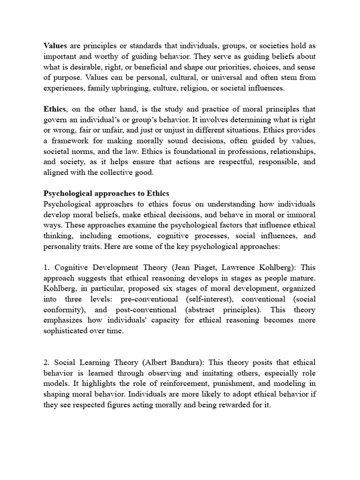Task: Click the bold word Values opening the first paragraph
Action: [55, 45]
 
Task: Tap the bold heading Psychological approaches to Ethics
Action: [106, 193]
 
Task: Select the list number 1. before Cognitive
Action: [46, 268]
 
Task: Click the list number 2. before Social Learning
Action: [46, 362]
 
